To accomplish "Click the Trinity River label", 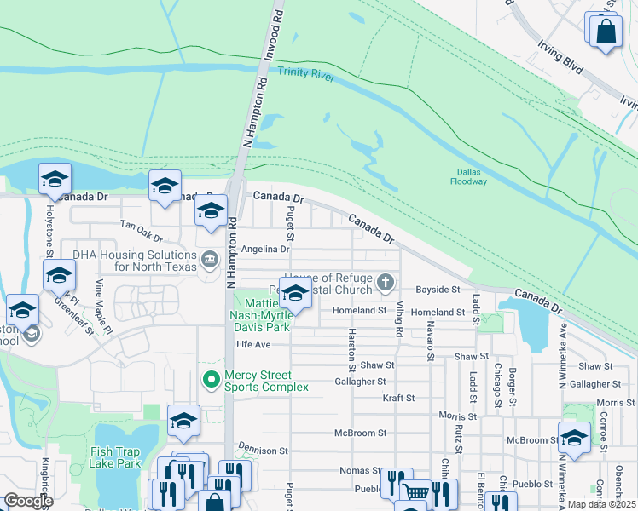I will click(x=306, y=78).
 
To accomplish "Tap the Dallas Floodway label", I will click(x=469, y=177).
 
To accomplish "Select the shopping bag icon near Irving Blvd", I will click(x=605, y=32).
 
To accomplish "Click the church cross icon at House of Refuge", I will click(x=386, y=281).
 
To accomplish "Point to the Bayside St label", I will click(x=438, y=290).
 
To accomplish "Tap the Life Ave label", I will click(x=253, y=344).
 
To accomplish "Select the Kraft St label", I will click(x=398, y=398).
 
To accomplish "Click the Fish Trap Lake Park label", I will click(x=116, y=458).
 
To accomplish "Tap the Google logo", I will click(x=28, y=501).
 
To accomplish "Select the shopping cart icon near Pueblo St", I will click(x=415, y=493).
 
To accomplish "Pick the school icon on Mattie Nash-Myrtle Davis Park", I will click(x=295, y=296).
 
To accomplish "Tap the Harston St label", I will click(x=351, y=350).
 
